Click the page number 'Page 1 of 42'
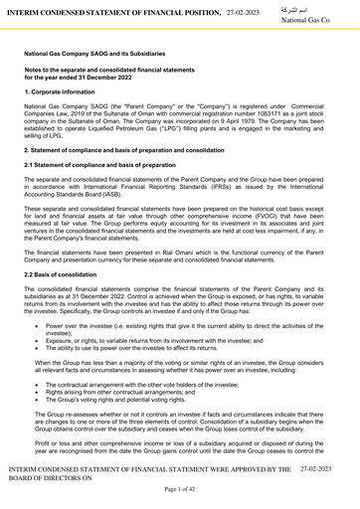[179, 490]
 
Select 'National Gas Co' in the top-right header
[324, 20]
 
